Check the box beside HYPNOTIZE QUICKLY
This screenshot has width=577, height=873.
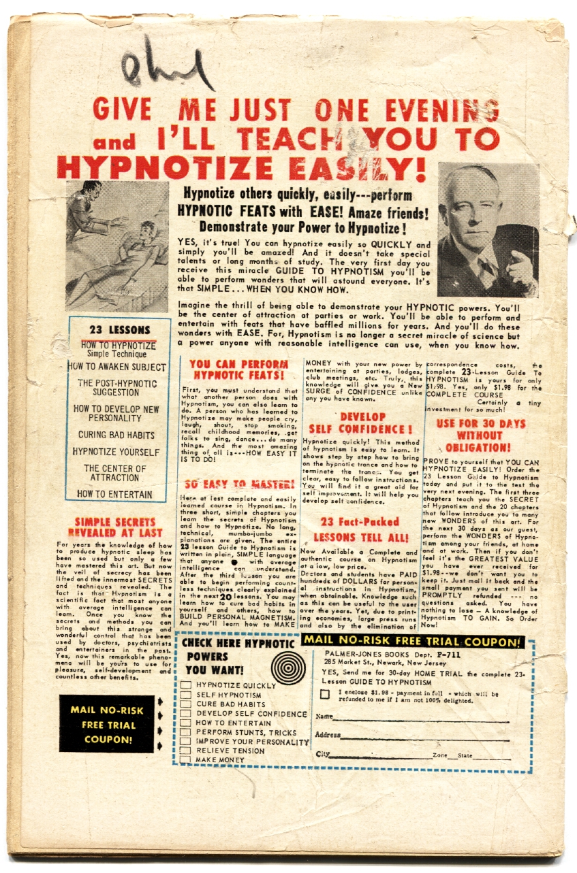(185, 685)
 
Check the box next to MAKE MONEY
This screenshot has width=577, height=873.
(185, 759)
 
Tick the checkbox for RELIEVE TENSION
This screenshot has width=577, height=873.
(185, 751)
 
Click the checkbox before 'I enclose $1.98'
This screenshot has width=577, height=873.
(324, 694)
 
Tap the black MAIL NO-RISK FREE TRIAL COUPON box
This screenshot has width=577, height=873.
(107, 723)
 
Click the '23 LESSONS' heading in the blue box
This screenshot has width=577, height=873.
(119, 331)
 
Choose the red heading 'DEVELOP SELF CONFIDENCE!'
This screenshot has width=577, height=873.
(361, 423)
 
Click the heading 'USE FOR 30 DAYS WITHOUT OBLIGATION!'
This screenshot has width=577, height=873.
(474, 435)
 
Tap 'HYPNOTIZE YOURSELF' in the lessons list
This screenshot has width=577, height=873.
(116, 452)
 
